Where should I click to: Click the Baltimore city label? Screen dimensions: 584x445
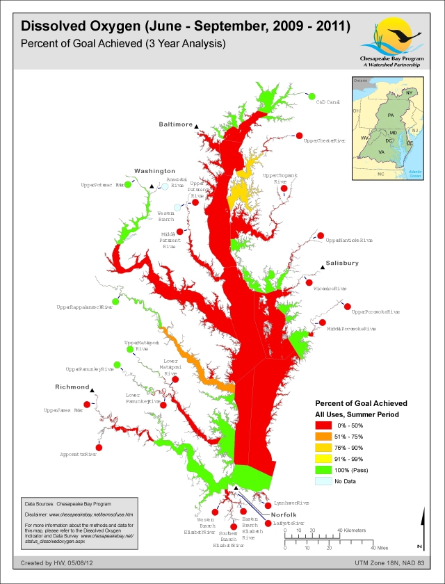[175, 124]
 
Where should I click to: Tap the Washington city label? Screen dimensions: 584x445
[154, 170]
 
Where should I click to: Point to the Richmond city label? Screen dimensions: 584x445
[72, 387]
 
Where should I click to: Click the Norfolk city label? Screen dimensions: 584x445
[284, 514]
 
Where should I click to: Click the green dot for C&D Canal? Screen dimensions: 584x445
[311, 96]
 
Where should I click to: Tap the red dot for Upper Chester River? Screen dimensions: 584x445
[300, 136]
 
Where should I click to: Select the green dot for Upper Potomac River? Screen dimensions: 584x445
[127, 185]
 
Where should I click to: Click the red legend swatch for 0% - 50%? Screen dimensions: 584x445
[323, 425]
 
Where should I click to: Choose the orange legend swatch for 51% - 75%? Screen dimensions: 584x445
[323, 436]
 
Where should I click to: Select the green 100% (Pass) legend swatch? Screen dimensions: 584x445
[323, 469]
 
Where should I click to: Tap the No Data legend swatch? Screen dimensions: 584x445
[323, 481]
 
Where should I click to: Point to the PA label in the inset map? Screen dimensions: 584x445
[391, 114]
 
